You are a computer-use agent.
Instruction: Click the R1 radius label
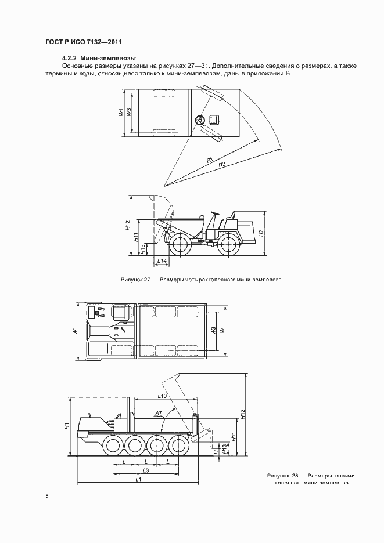click(x=210, y=160)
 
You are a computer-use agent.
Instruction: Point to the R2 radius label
click(x=222, y=165)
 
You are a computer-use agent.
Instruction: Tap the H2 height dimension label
click(x=262, y=233)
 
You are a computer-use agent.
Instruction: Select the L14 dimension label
click(x=162, y=260)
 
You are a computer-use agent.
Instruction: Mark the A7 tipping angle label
click(x=158, y=414)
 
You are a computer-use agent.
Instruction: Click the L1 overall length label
click(x=138, y=479)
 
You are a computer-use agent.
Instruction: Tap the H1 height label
click(x=68, y=425)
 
